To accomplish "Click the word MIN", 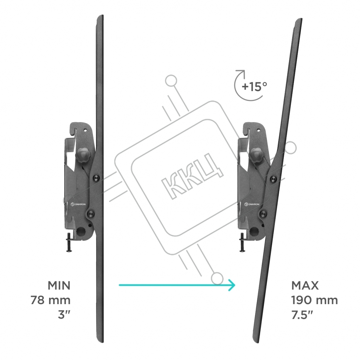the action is pyautogui.click(x=59, y=285).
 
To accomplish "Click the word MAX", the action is pyautogui.click(x=305, y=285).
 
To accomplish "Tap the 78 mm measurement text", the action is pyautogui.click(x=51, y=300).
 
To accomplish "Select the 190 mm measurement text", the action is pyautogui.click(x=315, y=300).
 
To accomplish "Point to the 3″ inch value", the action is pyautogui.click(x=64, y=314).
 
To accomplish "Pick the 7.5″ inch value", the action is pyautogui.click(x=302, y=314).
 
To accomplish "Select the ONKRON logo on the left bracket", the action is pyautogui.click(x=78, y=204).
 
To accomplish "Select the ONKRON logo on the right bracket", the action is pyautogui.click(x=252, y=204).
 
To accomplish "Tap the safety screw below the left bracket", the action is pyautogui.click(x=69, y=243).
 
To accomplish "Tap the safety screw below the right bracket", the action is pyautogui.click(x=242, y=243).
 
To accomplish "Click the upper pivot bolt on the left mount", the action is pyautogui.click(x=96, y=178).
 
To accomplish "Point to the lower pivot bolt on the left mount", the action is pyautogui.click(x=90, y=214).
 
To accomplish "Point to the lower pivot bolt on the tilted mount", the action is pyautogui.click(x=263, y=214).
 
